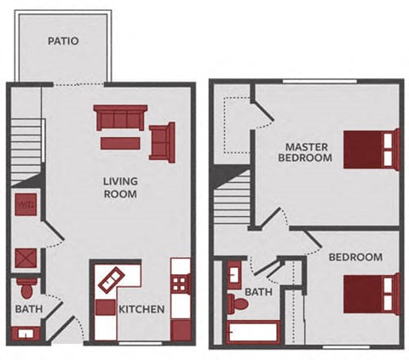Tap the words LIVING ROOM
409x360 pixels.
tap(120, 187)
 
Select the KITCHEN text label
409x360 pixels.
tap(141, 309)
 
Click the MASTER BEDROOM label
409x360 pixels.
tap(308, 151)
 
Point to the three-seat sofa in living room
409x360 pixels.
tap(120, 117)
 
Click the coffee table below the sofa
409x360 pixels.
tap(120, 143)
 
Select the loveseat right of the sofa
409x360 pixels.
tap(162, 140)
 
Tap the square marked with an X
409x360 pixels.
tap(25, 257)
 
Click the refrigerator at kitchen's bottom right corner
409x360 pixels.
tap(180, 330)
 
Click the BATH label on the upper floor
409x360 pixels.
tap(258, 292)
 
